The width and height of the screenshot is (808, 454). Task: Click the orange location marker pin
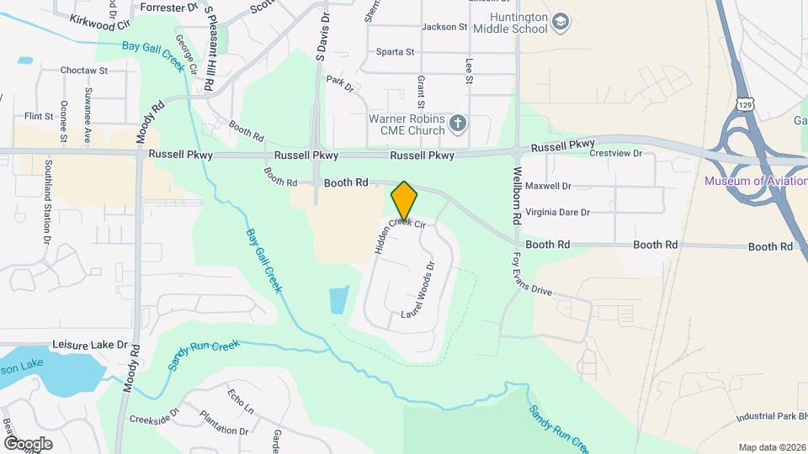coord(405,201)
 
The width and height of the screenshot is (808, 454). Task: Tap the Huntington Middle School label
coord(510,23)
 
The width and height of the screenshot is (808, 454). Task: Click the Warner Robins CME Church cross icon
coord(458,124)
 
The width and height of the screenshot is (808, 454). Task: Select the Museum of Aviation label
coord(755,181)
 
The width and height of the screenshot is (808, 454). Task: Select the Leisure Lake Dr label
coord(89,345)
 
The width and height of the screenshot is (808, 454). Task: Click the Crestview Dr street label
coord(616,154)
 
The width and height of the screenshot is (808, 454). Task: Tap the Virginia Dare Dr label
coord(557,213)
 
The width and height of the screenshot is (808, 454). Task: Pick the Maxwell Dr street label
coord(548,186)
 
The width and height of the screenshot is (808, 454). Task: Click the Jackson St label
coord(444,27)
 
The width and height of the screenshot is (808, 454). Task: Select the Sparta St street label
coord(395,52)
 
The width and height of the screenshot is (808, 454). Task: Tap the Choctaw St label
coord(84,71)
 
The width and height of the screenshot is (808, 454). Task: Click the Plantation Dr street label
coord(224,423)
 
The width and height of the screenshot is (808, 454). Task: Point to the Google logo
coord(28,443)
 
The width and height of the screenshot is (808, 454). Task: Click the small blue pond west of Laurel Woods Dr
coord(339,299)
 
